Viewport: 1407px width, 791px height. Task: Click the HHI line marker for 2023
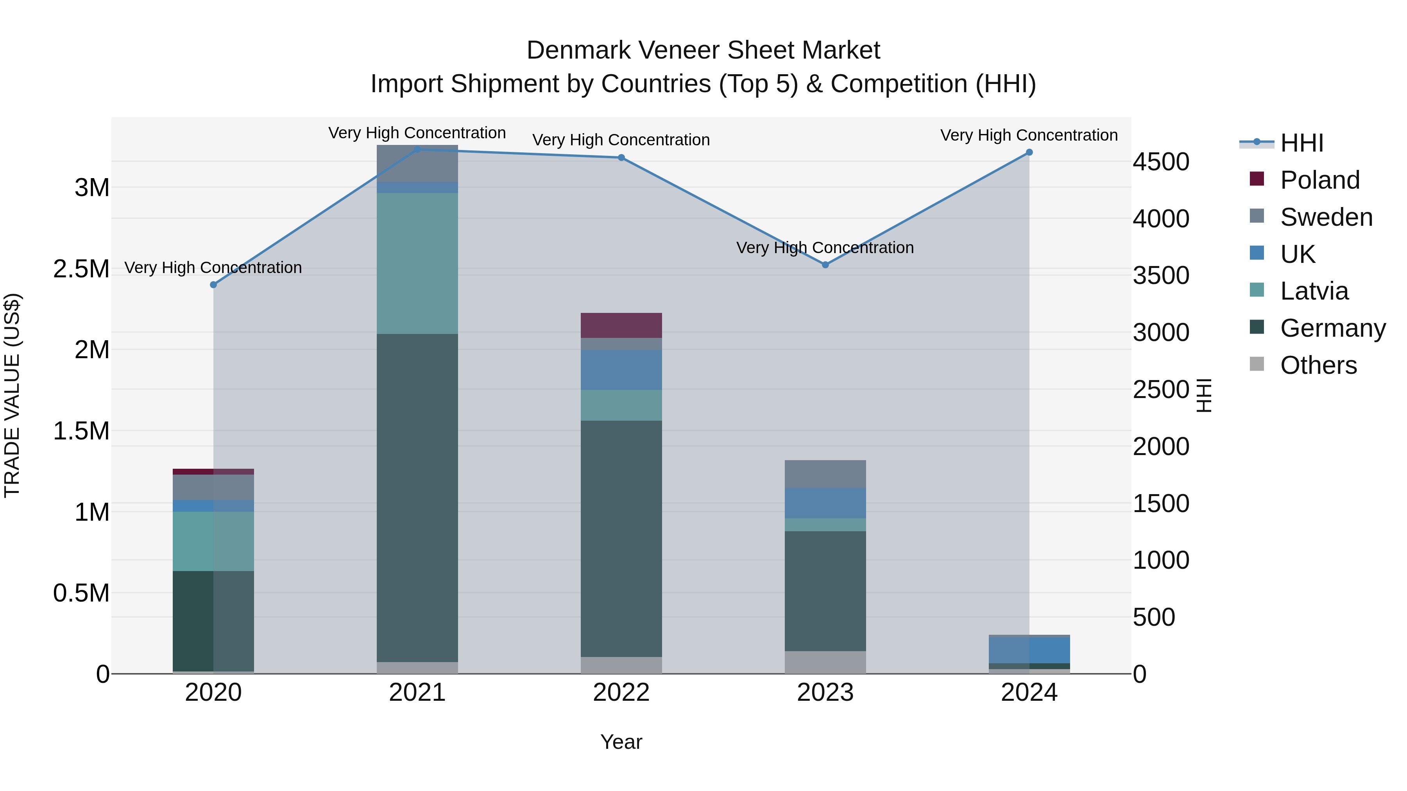coord(825,265)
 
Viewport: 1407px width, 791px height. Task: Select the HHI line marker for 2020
coord(213,285)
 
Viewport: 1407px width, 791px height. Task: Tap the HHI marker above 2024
coord(1029,152)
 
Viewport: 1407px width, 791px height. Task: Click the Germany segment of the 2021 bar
coord(417,497)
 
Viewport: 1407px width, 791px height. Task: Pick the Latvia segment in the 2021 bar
coord(417,263)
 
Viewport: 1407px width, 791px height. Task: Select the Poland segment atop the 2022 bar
coord(621,325)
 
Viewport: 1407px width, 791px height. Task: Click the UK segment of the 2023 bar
coord(825,503)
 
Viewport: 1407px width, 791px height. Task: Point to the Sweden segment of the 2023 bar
coord(825,474)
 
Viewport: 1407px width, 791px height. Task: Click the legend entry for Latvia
coord(1314,291)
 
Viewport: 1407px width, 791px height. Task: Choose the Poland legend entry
coord(1319,180)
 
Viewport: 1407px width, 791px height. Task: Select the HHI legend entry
coord(1301,143)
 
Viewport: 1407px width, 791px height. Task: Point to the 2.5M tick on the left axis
coord(81,269)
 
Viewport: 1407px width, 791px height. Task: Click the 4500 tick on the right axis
coord(1161,162)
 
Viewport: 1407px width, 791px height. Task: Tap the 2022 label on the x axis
coord(621,693)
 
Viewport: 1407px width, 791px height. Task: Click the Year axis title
coord(621,742)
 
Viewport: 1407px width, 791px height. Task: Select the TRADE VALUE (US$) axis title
coord(12,395)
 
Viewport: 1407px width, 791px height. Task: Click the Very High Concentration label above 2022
coord(621,140)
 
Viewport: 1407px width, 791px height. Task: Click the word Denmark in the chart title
coord(578,50)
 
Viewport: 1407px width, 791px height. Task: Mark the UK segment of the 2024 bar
coord(1029,650)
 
